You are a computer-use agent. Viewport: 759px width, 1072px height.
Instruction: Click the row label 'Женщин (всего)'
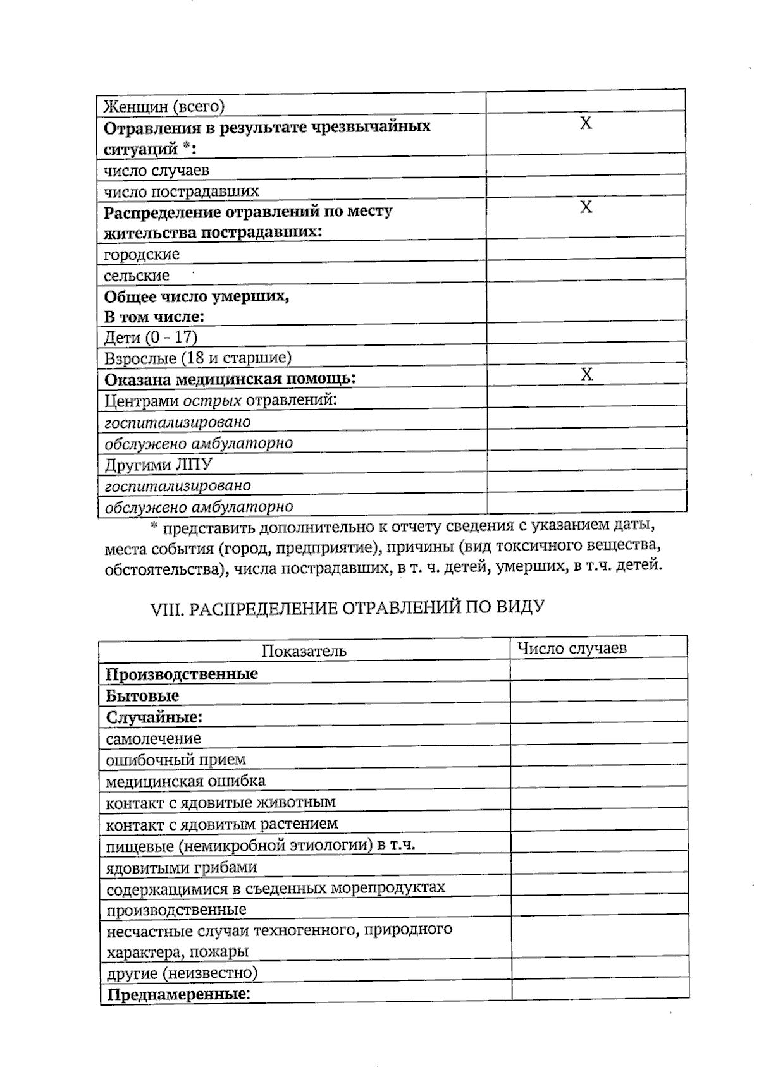(x=164, y=106)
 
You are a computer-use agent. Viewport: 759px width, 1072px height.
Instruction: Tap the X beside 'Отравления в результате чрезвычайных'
(x=586, y=123)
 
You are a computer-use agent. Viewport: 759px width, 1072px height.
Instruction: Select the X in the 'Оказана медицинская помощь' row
(x=586, y=374)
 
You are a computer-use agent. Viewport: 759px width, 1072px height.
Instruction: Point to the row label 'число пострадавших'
(x=181, y=191)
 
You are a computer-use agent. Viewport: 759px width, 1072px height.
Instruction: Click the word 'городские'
(x=142, y=254)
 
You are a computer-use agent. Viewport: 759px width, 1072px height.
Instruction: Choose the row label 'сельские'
(x=137, y=276)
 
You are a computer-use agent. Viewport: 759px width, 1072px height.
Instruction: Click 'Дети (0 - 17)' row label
(x=151, y=337)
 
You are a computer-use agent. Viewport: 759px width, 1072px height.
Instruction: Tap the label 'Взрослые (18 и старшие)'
(x=197, y=358)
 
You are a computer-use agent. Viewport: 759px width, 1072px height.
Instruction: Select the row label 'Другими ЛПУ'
(x=158, y=465)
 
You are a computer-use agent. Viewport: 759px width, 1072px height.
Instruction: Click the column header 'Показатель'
(x=304, y=651)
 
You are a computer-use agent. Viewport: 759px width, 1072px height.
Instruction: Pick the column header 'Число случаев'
(x=572, y=648)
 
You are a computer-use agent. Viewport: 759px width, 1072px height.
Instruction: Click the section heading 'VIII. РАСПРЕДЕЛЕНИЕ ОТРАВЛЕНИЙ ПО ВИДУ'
(x=347, y=608)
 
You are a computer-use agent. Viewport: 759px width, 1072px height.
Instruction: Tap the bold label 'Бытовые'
(x=142, y=695)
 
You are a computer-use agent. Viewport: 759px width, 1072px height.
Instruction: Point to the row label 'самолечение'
(x=153, y=738)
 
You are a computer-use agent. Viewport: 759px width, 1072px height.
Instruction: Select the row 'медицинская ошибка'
(x=185, y=781)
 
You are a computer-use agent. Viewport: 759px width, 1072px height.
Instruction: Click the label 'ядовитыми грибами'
(x=181, y=867)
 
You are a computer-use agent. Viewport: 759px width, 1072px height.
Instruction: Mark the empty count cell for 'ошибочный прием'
(x=598, y=756)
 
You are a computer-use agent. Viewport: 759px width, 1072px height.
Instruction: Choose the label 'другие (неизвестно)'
(x=182, y=972)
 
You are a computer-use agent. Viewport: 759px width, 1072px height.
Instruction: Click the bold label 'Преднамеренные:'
(x=178, y=994)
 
